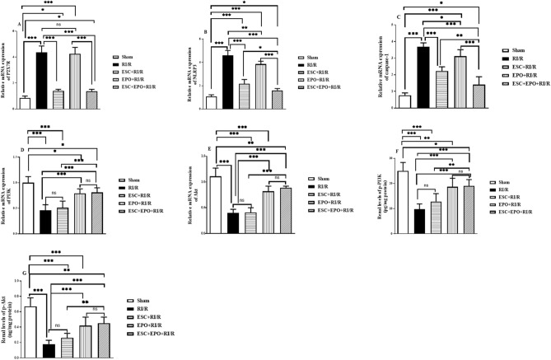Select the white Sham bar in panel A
(25, 102)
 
